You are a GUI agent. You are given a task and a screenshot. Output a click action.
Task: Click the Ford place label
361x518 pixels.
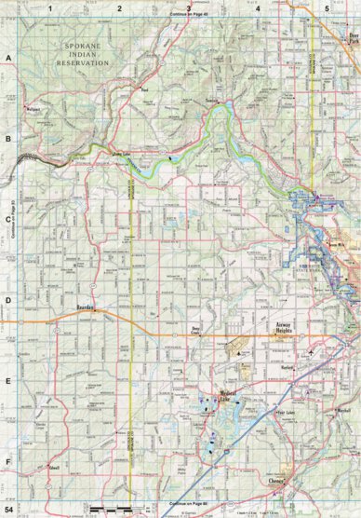click(x=144, y=89)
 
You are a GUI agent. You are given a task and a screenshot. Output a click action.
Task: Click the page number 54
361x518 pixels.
click(x=9, y=510)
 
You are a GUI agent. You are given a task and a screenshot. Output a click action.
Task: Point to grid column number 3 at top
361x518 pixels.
click(x=189, y=7)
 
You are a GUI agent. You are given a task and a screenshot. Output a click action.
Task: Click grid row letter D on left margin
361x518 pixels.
click(x=7, y=300)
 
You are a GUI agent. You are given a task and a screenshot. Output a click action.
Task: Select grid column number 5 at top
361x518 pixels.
click(x=327, y=7)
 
